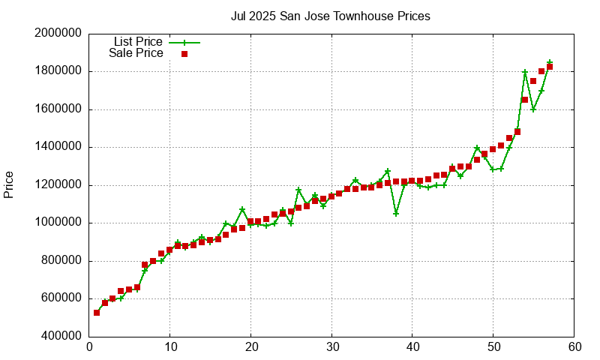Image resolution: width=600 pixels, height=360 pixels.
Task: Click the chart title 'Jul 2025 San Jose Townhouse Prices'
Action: coord(331,16)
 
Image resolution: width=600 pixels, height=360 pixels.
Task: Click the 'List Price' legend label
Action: coord(138,42)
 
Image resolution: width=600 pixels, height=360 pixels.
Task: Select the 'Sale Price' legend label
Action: coord(136,53)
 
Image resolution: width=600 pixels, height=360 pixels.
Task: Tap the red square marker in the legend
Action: coord(184,54)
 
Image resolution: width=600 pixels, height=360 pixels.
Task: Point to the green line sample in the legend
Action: coord(184,43)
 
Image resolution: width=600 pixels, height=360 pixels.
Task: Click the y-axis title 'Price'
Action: coord(9,184)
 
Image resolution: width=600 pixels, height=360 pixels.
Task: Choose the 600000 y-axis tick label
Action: coord(58,298)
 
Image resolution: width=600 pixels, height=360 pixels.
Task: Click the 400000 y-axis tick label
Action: coord(58,336)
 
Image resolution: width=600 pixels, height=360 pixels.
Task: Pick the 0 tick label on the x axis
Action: coord(89,347)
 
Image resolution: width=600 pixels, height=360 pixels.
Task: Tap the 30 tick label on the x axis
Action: coord(331,347)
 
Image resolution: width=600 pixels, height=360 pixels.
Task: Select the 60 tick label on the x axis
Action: coord(574,347)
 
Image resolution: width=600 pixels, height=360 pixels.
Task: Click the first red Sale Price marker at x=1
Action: coord(97,313)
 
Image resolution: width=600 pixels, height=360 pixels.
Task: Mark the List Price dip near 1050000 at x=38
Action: coord(396,214)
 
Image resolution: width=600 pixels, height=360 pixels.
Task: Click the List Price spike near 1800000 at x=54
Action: coord(525,72)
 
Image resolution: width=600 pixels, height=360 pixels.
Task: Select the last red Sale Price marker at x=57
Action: coord(550,67)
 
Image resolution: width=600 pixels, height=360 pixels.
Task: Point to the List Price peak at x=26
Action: coord(298,190)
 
